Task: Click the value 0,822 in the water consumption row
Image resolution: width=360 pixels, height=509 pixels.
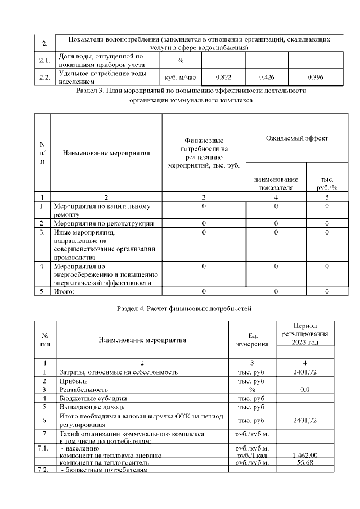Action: [x=224, y=76]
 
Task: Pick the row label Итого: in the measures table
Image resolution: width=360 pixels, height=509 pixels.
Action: [x=64, y=291]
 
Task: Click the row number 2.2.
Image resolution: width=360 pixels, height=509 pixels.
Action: [x=44, y=77]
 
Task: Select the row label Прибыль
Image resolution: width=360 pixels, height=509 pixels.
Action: [x=74, y=381]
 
